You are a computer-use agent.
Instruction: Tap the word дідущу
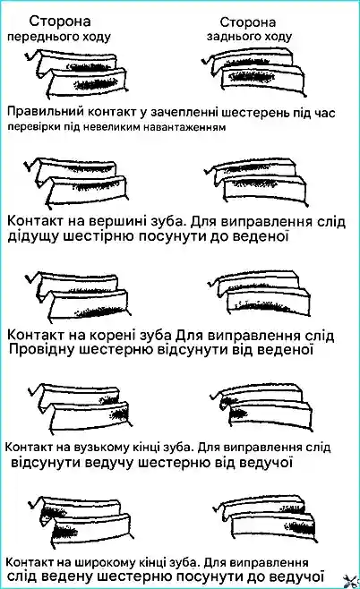click(30, 237)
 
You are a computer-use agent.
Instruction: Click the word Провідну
click(39, 350)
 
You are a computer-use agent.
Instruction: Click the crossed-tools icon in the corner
click(351, 580)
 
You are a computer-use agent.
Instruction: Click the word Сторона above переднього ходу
click(60, 21)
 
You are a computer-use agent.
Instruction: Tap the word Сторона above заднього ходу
click(248, 22)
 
